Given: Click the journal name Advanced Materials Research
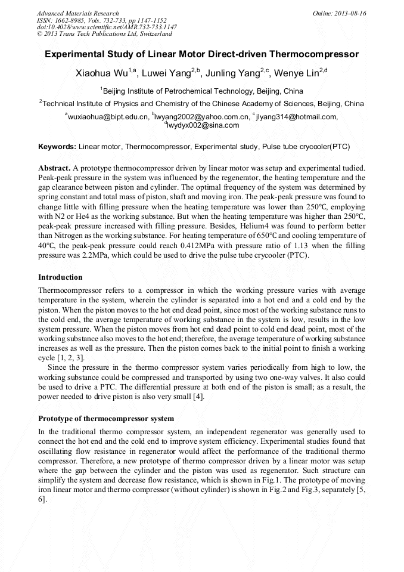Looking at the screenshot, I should pos(78,13).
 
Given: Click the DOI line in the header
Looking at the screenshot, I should pos(107,27).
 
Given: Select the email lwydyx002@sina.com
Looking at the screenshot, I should pos(203,125).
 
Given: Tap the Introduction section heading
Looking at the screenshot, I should pos(60,277).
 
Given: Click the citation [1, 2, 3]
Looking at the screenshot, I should pos(72,357).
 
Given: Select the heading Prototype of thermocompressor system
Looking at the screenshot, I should pos(106,418).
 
